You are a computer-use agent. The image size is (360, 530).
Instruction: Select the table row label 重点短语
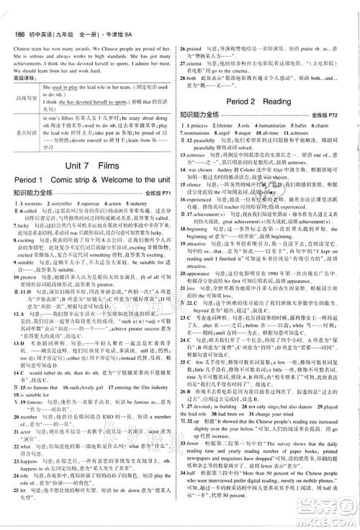29,134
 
